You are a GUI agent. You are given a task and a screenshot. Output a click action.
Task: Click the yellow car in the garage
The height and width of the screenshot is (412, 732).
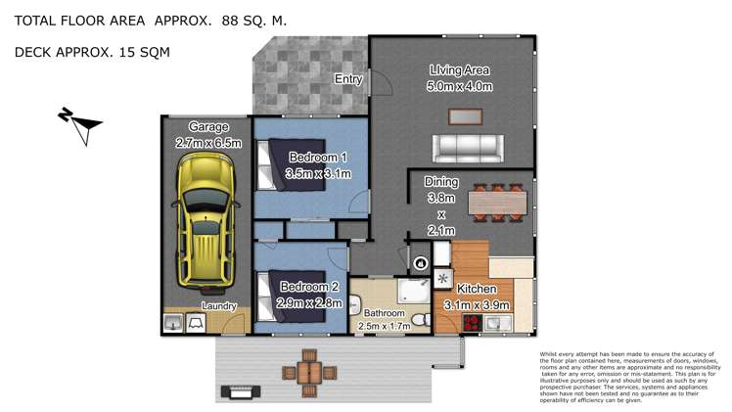[x=206, y=221]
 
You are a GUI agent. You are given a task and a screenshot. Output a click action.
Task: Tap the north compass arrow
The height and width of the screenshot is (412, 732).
[x=79, y=125]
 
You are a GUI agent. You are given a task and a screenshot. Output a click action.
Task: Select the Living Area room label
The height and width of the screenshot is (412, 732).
[x=459, y=70]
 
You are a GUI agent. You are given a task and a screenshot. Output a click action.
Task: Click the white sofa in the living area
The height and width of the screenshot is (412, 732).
[x=468, y=149]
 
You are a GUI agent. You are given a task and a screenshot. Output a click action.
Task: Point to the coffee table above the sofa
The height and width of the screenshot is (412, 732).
[x=465, y=116]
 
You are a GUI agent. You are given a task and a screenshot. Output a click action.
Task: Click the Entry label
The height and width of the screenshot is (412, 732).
[x=348, y=79]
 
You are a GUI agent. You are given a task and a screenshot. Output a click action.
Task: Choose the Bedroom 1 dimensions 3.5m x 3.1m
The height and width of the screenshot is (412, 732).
[x=318, y=173]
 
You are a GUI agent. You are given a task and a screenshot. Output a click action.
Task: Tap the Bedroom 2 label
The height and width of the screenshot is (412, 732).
[x=309, y=287]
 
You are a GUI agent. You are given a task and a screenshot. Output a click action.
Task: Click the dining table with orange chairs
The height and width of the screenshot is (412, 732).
[x=498, y=203]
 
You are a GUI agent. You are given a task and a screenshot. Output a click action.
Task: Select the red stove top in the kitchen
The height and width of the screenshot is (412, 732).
[x=473, y=323]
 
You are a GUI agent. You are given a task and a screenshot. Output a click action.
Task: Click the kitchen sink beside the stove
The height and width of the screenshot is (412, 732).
[x=498, y=323]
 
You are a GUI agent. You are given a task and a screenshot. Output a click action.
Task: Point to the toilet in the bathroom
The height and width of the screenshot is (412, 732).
[x=422, y=320]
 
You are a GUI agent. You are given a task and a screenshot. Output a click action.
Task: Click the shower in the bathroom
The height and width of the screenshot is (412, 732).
[x=414, y=292]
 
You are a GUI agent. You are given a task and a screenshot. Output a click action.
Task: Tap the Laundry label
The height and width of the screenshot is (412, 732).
[x=219, y=306]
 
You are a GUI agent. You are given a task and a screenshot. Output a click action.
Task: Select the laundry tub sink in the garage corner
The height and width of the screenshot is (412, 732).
[x=173, y=323]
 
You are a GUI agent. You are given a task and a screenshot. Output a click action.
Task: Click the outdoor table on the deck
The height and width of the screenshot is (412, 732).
[x=309, y=373]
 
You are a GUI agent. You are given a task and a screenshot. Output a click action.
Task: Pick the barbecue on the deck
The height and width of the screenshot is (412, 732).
[x=241, y=391]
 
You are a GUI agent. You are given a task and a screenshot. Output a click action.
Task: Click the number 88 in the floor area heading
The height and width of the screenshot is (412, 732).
[x=230, y=21]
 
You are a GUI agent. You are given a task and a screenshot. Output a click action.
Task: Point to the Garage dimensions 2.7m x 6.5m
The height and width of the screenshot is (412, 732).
[x=208, y=143]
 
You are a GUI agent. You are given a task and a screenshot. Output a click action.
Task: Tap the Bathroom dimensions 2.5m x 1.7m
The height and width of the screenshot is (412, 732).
[x=385, y=326]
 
